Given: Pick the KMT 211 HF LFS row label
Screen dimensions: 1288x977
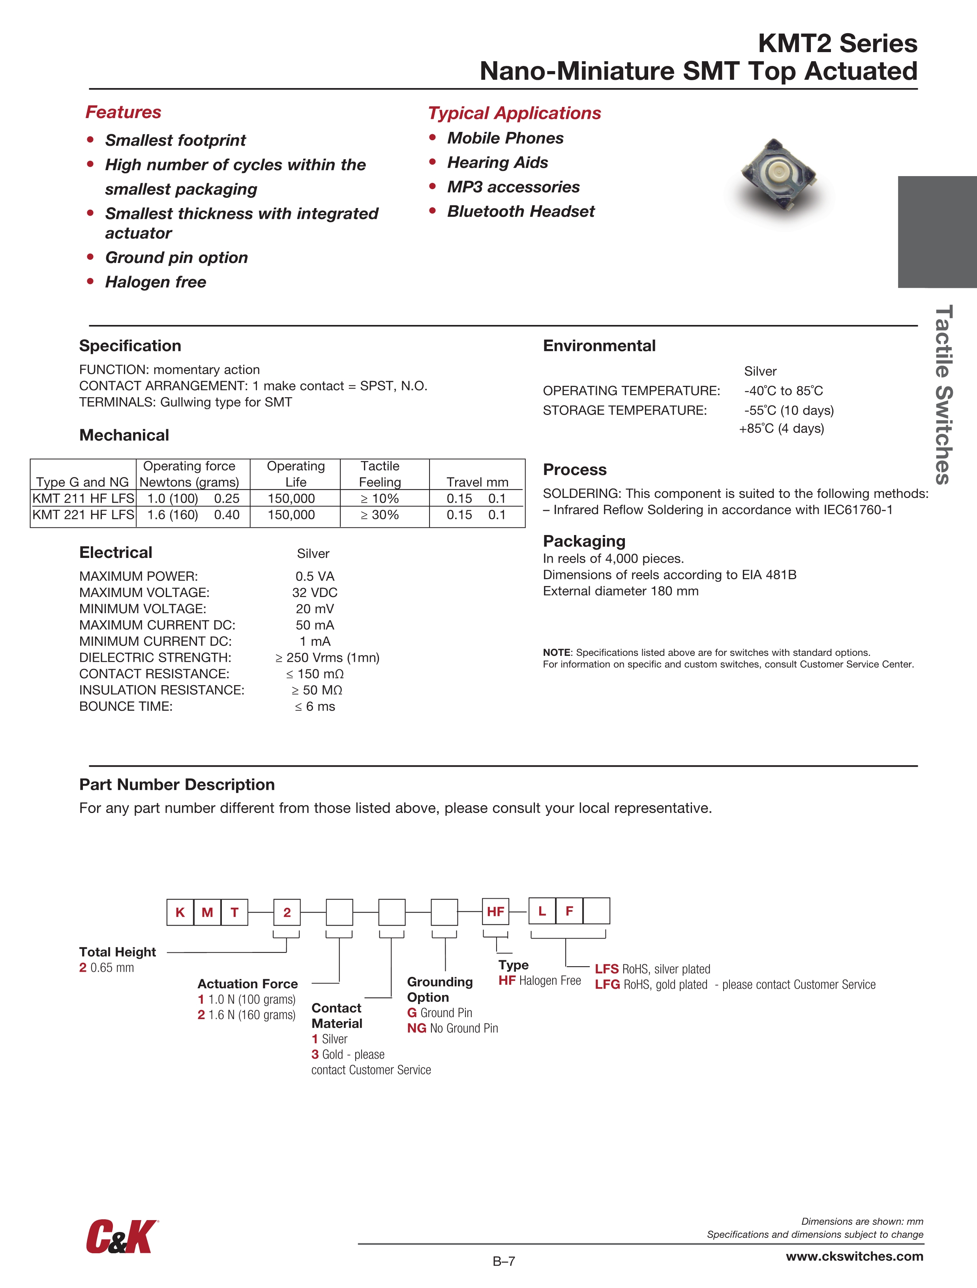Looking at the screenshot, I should click(83, 498).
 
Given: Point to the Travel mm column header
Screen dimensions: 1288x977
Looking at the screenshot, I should click(477, 482).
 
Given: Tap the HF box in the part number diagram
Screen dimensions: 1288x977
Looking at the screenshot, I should click(495, 911).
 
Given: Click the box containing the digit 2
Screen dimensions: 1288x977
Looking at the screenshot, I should click(287, 912).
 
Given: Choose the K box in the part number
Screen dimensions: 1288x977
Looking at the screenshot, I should click(180, 912).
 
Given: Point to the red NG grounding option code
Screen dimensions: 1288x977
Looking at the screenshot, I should click(416, 1028).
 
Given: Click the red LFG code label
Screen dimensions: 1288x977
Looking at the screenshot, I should click(607, 985).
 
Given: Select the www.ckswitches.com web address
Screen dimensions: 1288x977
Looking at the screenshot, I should click(854, 1256).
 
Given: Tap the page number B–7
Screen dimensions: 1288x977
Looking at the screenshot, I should click(504, 1261).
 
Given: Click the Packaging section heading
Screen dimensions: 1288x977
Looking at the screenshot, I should click(584, 541).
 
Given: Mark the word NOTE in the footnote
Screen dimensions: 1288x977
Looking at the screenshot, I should click(556, 653).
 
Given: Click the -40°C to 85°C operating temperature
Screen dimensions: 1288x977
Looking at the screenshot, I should click(783, 391).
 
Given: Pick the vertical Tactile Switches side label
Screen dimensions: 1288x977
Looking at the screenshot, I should click(943, 394).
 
